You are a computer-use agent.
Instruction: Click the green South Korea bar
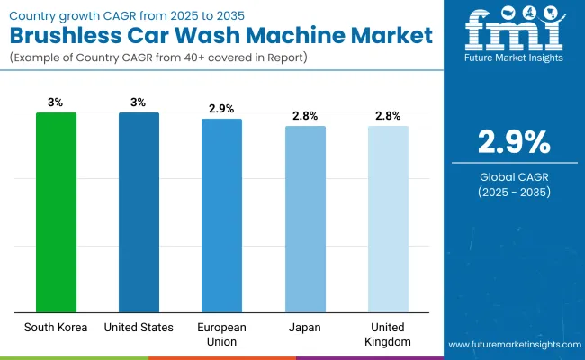(56, 211)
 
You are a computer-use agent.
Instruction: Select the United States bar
(139, 211)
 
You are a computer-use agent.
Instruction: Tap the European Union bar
(221, 214)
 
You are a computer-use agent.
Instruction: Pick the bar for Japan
(305, 218)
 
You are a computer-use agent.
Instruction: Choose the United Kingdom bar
(388, 218)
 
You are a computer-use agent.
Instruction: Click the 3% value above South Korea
(56, 103)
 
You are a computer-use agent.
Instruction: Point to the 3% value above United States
(139, 103)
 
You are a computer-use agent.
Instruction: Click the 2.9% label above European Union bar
(221, 109)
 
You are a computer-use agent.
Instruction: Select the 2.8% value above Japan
(305, 116)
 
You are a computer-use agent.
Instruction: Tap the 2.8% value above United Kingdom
(388, 116)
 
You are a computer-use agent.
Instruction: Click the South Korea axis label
(56, 328)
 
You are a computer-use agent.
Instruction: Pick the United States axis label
(139, 328)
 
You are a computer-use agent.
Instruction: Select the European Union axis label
(221, 335)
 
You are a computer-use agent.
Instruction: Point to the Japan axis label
(305, 328)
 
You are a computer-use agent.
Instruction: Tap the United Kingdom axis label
(388, 335)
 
